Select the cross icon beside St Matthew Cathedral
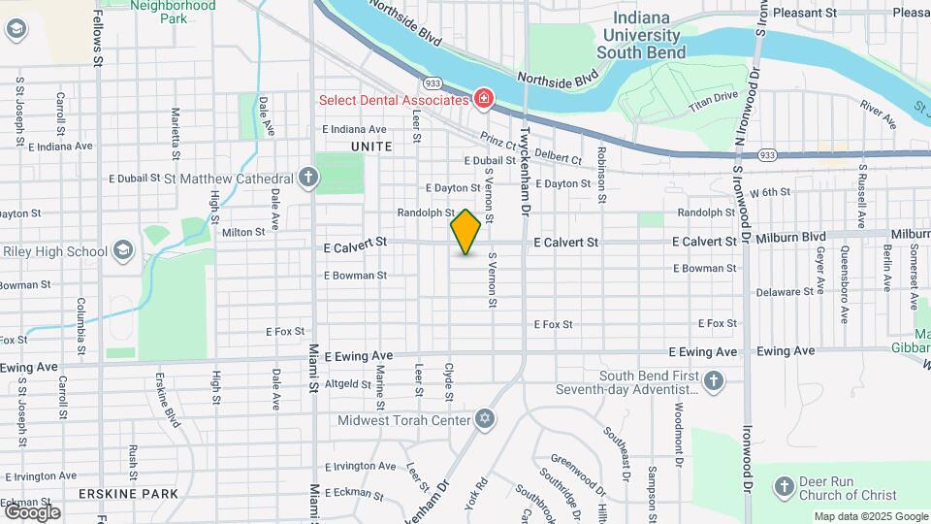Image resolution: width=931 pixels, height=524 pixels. click(308, 178)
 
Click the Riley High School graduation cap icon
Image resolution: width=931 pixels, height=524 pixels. click(122, 251)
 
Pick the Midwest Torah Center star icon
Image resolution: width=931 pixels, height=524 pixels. click(485, 420)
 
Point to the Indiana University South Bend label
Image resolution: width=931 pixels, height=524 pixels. click(641, 36)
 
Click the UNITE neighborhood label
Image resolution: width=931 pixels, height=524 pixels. click(371, 147)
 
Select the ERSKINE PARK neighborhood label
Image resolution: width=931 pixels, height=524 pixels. click(131, 493)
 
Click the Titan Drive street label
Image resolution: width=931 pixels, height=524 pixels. click(713, 97)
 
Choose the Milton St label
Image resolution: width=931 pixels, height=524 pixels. click(242, 232)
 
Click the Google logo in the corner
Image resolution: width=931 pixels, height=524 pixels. click(32, 511)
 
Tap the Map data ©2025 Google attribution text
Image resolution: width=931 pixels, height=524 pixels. click(870, 516)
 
